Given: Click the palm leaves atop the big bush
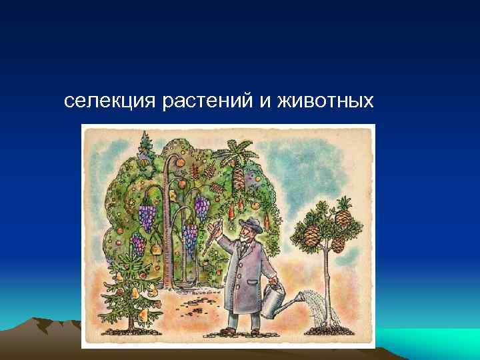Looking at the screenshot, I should (235, 150).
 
